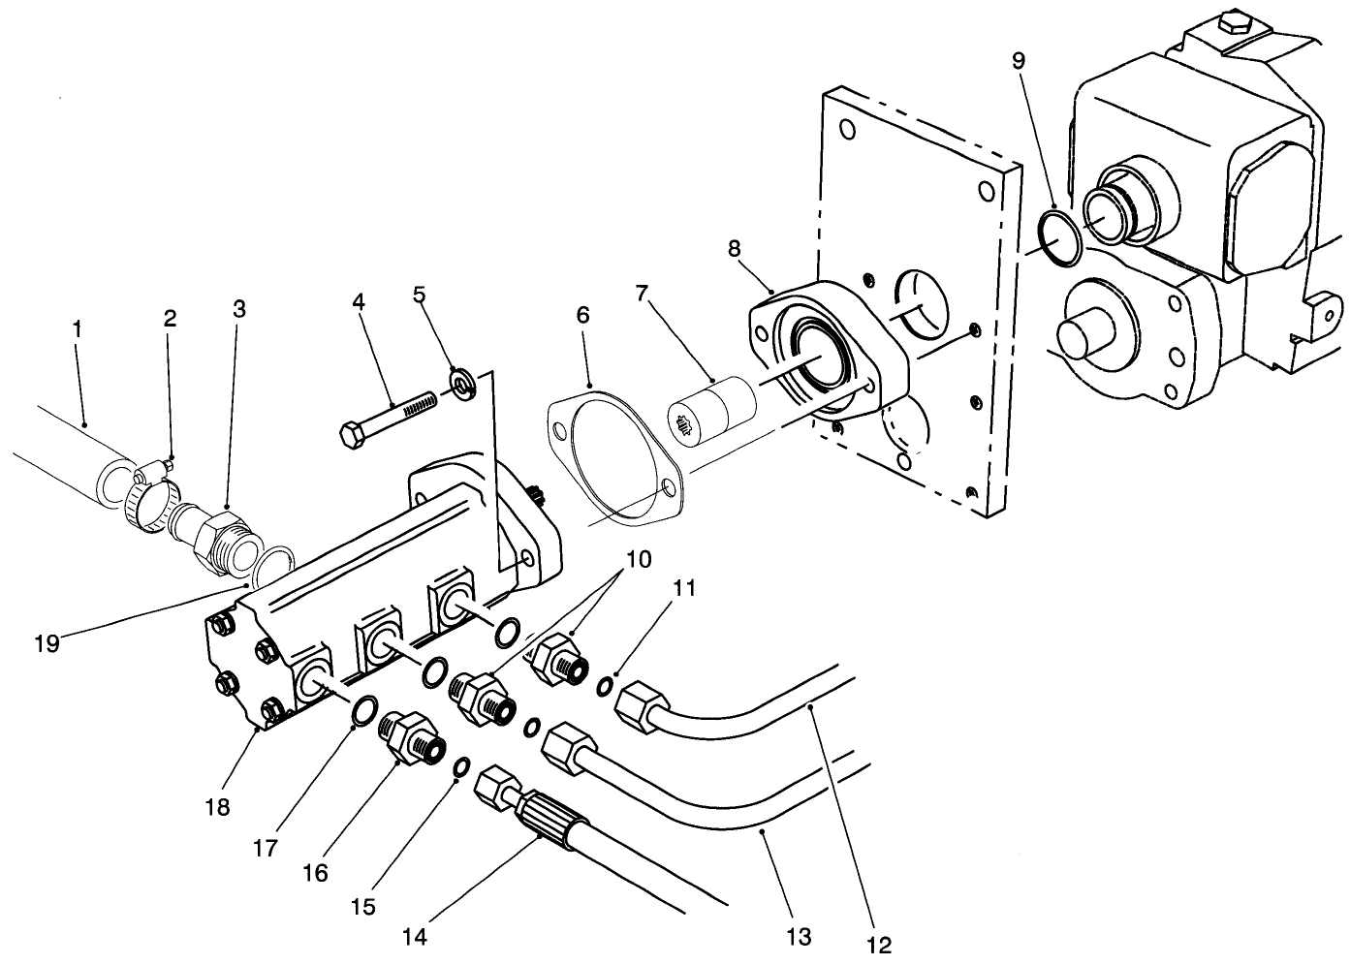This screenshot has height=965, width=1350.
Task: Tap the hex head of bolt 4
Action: (x=353, y=433)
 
